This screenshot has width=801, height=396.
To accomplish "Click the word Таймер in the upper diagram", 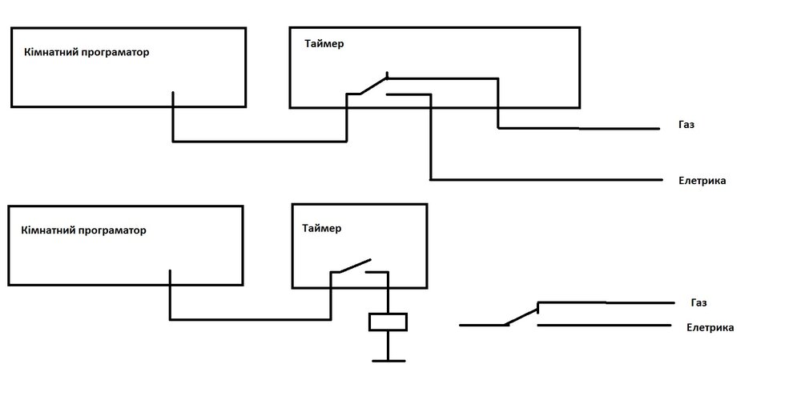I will click(x=324, y=44).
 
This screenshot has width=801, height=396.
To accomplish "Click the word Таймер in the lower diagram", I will click(x=321, y=229).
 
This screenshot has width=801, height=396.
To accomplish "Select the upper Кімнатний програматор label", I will click(x=87, y=53).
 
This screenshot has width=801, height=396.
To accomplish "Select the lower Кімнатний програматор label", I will click(x=84, y=230).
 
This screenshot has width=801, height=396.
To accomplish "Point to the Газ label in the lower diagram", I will click(x=698, y=303).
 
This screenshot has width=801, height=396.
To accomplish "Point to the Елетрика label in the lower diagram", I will click(x=710, y=328).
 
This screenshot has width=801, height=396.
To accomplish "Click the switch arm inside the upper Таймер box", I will click(x=372, y=86).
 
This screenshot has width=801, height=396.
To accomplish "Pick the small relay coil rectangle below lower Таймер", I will click(x=388, y=322).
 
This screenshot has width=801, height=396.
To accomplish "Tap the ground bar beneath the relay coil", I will click(x=388, y=361).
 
